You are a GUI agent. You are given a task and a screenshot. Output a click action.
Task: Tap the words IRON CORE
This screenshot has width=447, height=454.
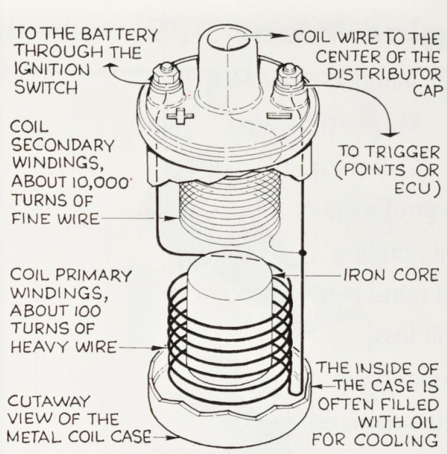tap(391, 274)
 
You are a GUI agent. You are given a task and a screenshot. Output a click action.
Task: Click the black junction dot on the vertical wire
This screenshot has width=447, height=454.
tap(301, 253)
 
